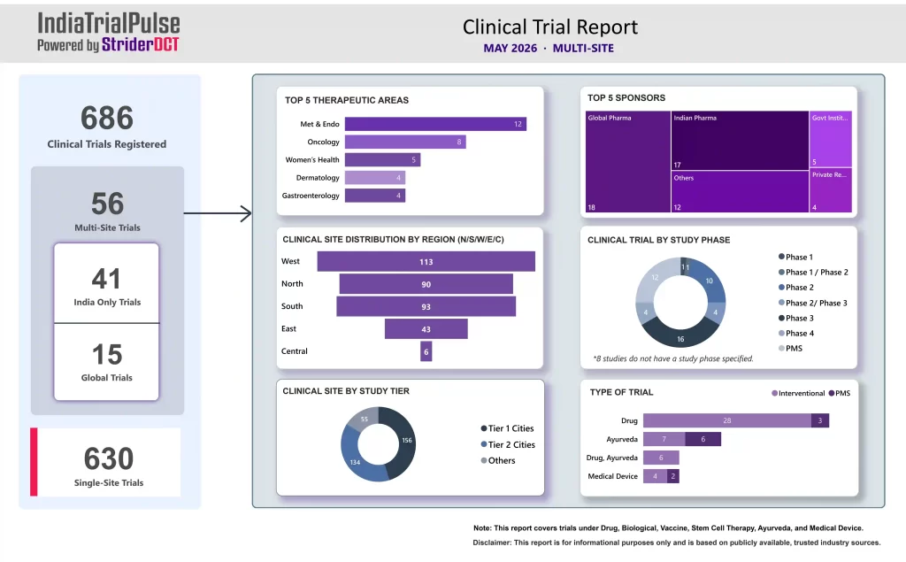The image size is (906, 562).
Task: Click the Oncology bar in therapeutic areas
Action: coord(405,142)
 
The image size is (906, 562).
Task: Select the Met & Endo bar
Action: coord(435,124)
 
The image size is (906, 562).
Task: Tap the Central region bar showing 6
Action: coord(426,351)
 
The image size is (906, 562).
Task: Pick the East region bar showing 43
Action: coord(426,329)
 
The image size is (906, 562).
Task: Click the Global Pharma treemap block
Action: coord(628,162)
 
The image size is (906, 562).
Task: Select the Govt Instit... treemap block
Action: coord(830,139)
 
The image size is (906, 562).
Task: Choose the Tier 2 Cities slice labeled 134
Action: coord(357,457)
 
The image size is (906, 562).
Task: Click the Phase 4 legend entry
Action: coord(796,333)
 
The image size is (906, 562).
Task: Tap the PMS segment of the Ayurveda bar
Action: coord(703,440)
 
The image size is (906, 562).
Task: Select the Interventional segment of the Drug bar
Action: coord(727,420)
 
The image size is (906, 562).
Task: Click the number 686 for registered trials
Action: coord(107,118)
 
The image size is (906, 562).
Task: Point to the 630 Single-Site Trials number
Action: coord(109,459)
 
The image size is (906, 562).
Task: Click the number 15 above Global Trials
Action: coord(107,354)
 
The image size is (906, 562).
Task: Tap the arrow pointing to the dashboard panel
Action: coord(218,213)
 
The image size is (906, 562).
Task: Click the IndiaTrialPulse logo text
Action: coord(109,24)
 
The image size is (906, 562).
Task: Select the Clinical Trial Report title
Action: coord(550,27)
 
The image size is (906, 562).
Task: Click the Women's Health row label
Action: coord(312,159)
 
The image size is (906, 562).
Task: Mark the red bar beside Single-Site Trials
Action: coord(34,462)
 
